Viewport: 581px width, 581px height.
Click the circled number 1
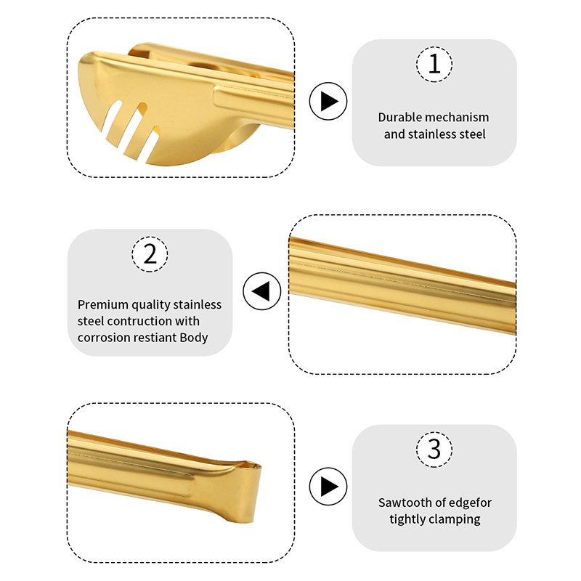434,64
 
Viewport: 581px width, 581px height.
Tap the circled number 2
150,254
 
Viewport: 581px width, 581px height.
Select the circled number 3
434,450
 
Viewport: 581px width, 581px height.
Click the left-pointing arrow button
262,291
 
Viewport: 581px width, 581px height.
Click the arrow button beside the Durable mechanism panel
328,101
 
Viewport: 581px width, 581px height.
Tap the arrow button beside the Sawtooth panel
328,487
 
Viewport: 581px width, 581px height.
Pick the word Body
194,338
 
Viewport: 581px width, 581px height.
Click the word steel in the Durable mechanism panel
472,134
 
